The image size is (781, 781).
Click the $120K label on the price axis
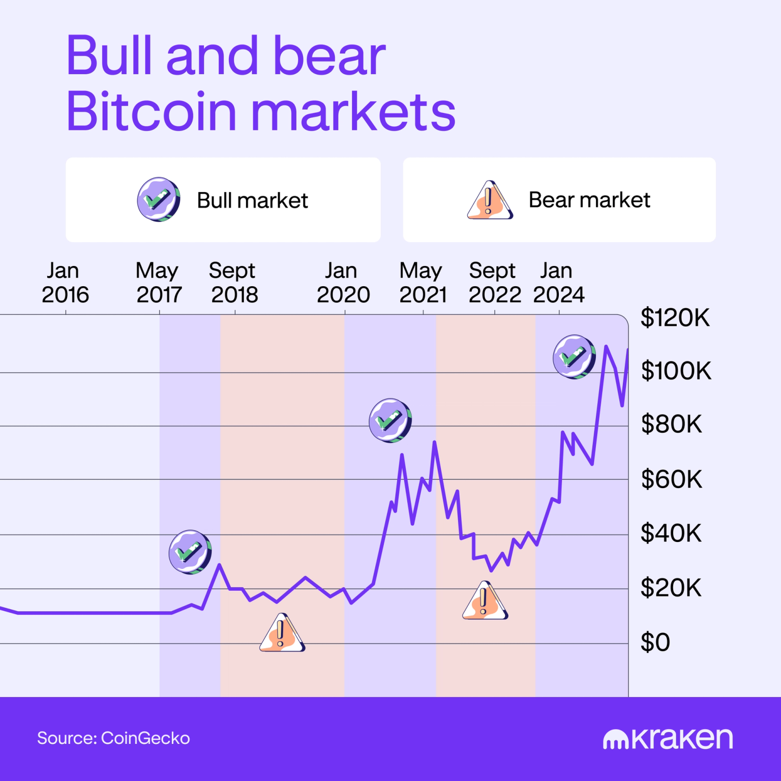pos(675,318)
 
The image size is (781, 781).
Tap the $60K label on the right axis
pos(671,479)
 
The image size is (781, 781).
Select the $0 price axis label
pos(655,642)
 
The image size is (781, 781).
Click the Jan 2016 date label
pos(65,283)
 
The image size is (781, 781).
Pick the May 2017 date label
pos(158,283)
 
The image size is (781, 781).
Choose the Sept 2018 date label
pos(234,283)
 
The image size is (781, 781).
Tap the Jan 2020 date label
pos(343,283)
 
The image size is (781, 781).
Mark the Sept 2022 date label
pos(494,283)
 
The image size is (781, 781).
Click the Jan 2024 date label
pos(558,283)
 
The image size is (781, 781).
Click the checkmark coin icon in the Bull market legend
pos(158,199)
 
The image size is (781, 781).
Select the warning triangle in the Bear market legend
pos(489,200)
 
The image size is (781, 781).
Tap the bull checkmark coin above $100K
pos(574,356)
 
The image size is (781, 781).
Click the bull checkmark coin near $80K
pos(390,420)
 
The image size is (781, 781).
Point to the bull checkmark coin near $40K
pos(190,552)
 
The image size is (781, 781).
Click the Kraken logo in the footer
pos(668,739)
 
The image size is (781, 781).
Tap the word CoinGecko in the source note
pos(145,738)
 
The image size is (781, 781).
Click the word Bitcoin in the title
pos(151,111)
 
